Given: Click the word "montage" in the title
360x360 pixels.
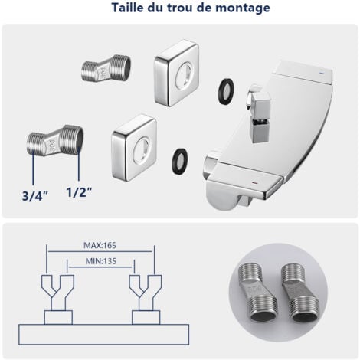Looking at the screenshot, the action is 243,8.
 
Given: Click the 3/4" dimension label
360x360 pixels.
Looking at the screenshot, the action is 35,196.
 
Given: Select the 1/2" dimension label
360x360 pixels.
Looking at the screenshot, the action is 79,192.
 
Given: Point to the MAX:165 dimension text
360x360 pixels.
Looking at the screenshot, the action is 100,245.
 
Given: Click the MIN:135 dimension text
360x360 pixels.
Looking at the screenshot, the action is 101,261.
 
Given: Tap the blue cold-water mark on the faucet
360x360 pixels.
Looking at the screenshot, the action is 322,73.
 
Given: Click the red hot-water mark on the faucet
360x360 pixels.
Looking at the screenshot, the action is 254,183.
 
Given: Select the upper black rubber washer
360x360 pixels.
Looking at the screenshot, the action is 226,91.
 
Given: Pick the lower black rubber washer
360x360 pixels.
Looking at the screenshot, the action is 180,161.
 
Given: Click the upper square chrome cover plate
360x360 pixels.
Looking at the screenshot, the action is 176,73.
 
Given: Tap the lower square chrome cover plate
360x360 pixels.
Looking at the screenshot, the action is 134,148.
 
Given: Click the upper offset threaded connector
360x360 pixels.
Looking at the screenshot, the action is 106,68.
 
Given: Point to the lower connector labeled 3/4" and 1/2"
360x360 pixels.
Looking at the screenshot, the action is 54,140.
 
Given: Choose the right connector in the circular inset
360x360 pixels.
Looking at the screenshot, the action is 301,293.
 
